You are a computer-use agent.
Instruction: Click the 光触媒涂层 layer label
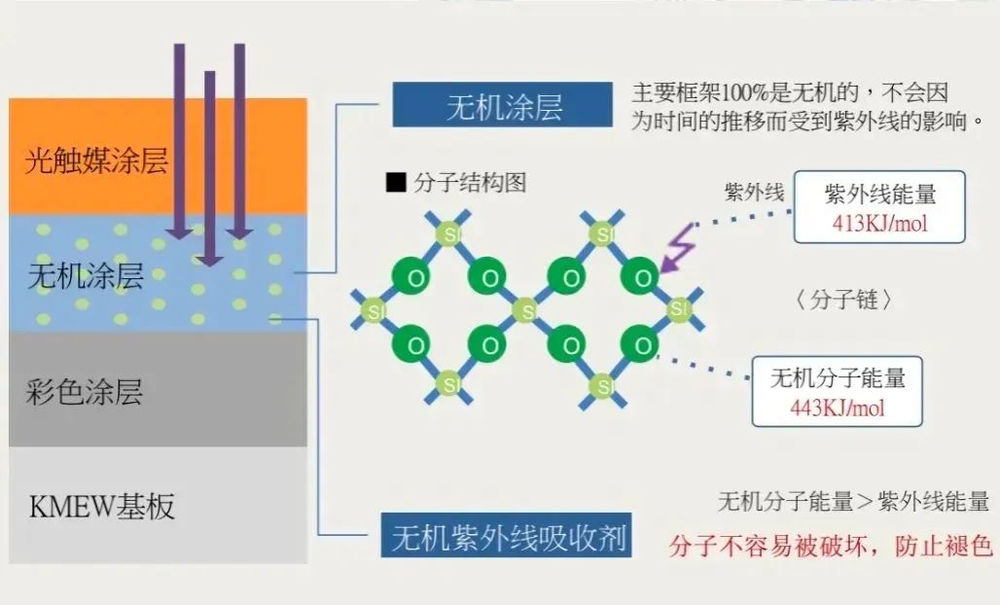96,160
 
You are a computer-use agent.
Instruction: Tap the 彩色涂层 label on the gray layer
85,391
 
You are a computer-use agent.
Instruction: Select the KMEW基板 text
102,507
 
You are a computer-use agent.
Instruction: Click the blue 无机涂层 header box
503,104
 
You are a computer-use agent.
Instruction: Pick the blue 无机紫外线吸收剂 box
507,535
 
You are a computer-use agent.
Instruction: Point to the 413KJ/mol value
879,224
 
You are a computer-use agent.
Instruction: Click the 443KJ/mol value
838,408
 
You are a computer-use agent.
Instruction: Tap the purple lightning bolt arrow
679,247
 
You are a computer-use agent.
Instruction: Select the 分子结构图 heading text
470,183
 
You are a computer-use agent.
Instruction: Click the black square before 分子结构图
396,182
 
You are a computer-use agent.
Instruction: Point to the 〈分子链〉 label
843,300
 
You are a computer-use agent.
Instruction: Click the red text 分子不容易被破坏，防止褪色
831,546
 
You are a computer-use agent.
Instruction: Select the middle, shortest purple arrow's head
209,257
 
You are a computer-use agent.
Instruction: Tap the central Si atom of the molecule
526,311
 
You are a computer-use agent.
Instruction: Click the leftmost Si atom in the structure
374,311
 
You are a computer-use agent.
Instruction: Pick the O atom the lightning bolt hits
641,276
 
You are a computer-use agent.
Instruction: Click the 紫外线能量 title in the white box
880,194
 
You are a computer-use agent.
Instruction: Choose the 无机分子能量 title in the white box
838,378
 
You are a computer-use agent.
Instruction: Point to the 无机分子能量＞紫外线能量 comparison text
853,501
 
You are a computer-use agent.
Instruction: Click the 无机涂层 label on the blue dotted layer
86,275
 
